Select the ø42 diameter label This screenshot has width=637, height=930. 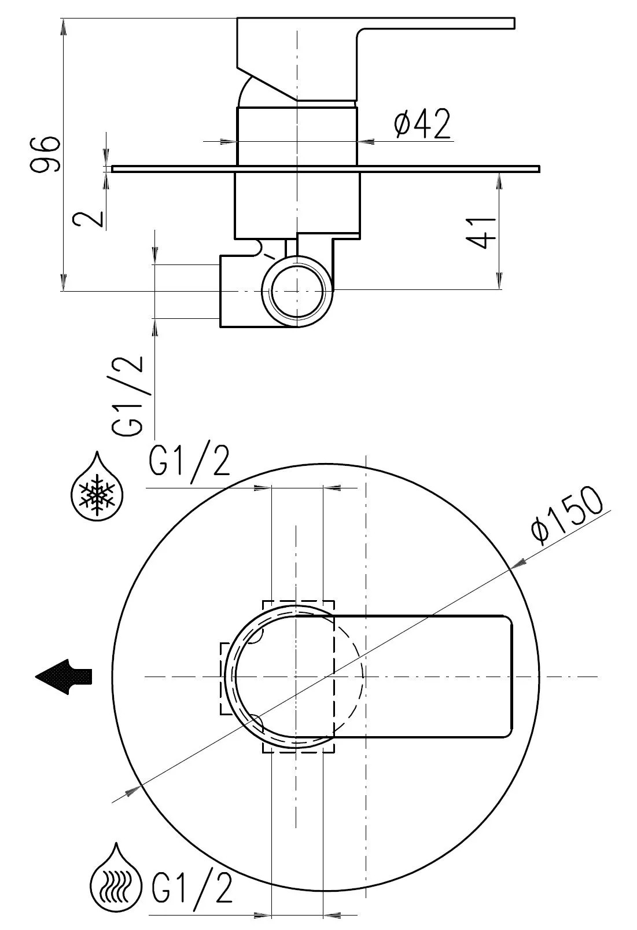pos(422,124)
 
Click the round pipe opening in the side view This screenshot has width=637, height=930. pos(297,290)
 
